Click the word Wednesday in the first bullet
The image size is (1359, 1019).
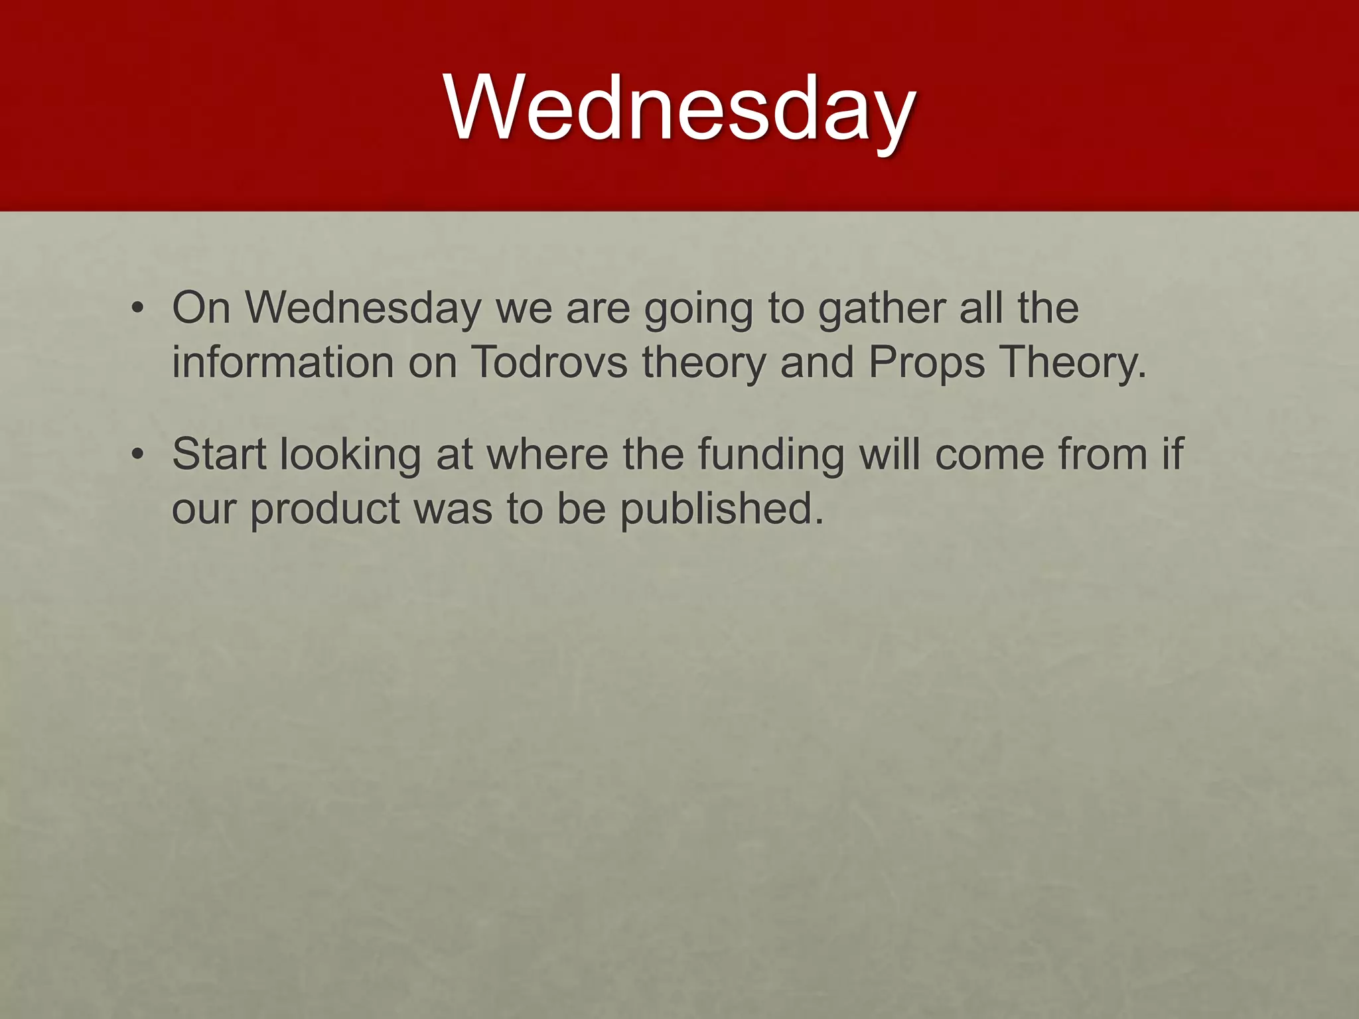coord(363,308)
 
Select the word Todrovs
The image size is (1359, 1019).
coord(549,363)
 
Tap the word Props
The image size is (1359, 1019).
coord(926,363)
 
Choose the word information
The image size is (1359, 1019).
coord(283,363)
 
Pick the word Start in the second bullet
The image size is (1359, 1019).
coord(219,454)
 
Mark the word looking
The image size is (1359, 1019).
coord(350,456)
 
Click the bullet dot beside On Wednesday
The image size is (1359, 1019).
coord(137,309)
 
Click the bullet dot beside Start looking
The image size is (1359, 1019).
coord(137,455)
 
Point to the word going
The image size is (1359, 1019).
coord(699,310)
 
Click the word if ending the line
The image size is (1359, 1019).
coord(1173,454)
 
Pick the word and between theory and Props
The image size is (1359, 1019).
coord(817,363)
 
